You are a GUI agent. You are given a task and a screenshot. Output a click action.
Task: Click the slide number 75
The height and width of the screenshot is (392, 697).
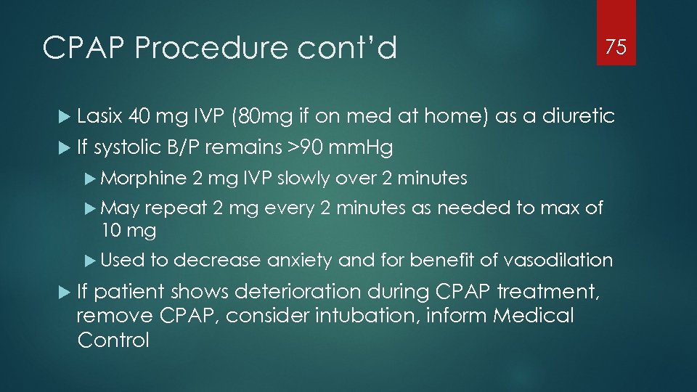point(616,48)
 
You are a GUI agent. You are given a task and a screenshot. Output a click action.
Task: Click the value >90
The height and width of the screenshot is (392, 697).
point(303,148)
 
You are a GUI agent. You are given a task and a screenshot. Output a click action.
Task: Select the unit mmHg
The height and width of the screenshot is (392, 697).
point(361,148)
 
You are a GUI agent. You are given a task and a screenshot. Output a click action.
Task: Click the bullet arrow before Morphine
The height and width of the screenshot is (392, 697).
point(91,179)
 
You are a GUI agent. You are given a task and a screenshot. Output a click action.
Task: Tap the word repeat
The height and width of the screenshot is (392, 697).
point(176,209)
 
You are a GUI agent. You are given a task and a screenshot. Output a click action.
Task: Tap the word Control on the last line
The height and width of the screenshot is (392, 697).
point(113,340)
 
